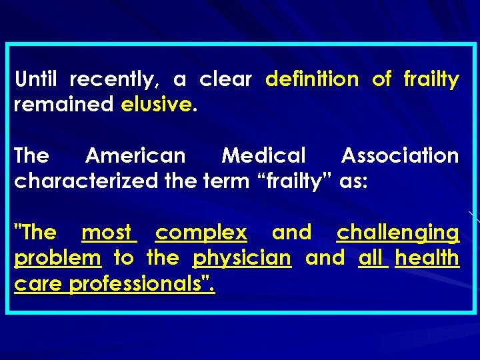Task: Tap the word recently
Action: point(114,80)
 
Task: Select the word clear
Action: point(225,80)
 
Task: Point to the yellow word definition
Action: point(311,80)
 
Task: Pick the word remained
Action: point(64,105)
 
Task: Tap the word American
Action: point(135,156)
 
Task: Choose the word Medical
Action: point(263,156)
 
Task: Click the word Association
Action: point(400,156)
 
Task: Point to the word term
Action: point(228,181)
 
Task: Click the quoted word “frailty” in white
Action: point(294,181)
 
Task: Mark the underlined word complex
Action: point(201,233)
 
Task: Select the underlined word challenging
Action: point(398,233)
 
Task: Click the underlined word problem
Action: point(57,258)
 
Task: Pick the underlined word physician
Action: point(242,258)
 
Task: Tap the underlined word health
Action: point(427,258)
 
